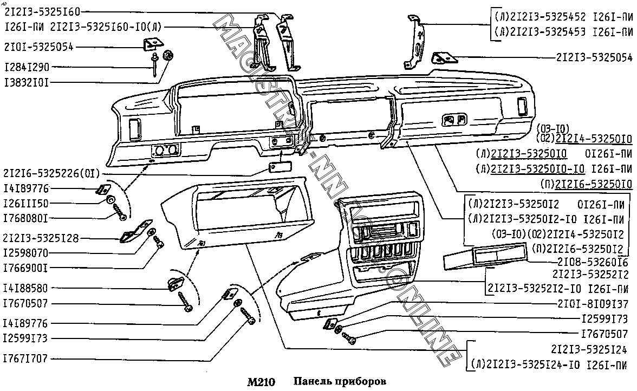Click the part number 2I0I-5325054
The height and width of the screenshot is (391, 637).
(x=38, y=47)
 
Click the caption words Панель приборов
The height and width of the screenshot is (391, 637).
(x=340, y=382)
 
